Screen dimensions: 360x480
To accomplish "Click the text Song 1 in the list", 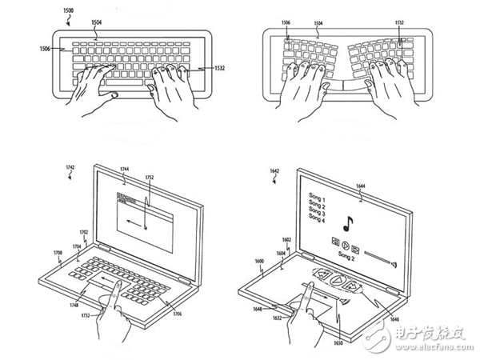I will pyautogui.click(x=316, y=194).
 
